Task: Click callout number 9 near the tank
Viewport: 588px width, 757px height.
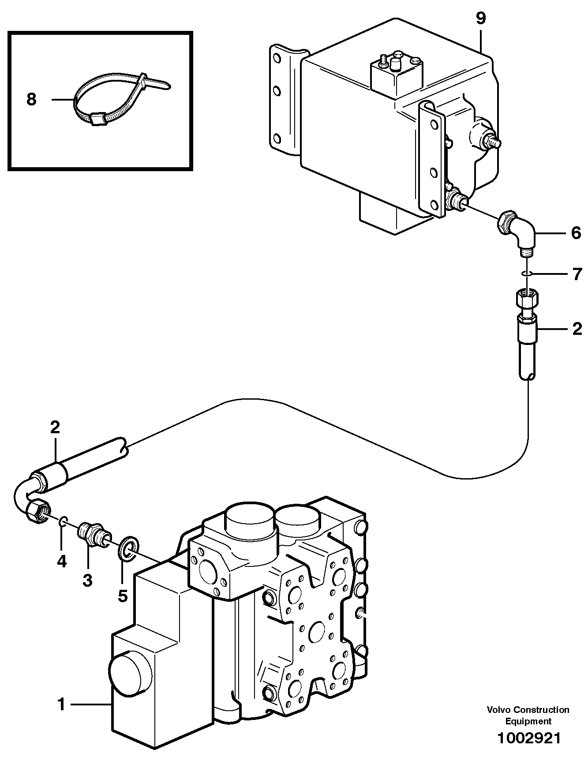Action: point(480,19)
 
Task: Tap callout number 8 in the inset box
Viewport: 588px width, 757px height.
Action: point(31,99)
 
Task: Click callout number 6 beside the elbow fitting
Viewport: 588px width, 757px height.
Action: point(576,233)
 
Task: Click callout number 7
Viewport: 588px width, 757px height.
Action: point(577,274)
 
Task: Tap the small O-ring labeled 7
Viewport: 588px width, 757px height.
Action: point(526,274)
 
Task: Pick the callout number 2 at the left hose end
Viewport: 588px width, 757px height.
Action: point(55,427)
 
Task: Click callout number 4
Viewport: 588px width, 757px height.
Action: point(61,561)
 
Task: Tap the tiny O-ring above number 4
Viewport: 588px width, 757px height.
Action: point(63,523)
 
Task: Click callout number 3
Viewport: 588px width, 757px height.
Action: point(87,580)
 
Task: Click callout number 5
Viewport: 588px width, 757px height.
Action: point(122,596)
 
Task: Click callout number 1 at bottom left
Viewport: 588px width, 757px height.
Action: point(61,705)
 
